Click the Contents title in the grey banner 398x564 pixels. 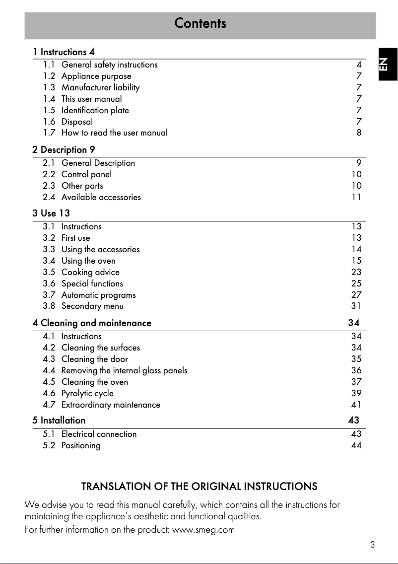[x=200, y=23]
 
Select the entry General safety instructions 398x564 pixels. [x=109, y=65]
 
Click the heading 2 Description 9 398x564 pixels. [x=64, y=149]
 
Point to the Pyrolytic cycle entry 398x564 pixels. [x=87, y=393]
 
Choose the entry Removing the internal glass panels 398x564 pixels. [x=124, y=370]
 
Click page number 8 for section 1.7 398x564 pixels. [x=359, y=133]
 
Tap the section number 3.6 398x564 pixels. [x=49, y=283]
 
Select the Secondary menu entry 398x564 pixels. [x=92, y=306]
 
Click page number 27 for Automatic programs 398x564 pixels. [x=356, y=295]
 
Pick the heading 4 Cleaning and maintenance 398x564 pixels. [x=92, y=323]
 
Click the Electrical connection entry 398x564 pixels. [x=99, y=434]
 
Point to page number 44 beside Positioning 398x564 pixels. [x=356, y=445]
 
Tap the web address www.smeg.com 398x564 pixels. [x=203, y=530]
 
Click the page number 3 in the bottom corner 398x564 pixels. [x=372, y=545]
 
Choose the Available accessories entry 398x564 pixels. [x=101, y=197]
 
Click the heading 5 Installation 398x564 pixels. [x=59, y=420]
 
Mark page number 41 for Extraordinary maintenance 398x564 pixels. [x=356, y=405]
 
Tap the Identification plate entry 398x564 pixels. [x=95, y=110]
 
